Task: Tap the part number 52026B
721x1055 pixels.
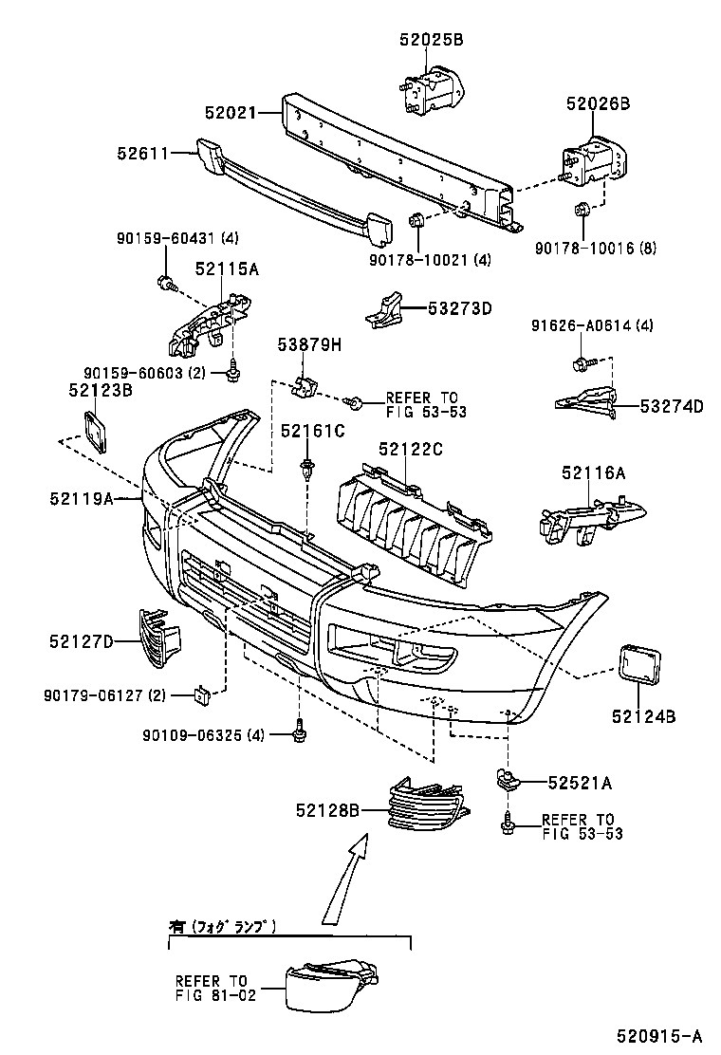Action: coord(598,105)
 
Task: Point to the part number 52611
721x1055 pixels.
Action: coord(143,152)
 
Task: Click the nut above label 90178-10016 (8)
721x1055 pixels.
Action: coord(583,211)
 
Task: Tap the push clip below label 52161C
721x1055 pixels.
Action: coord(306,469)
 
